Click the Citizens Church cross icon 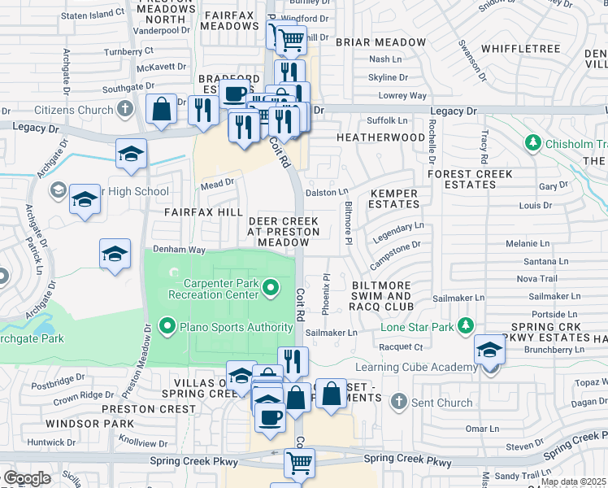124,108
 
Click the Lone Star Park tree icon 465,326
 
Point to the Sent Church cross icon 398,402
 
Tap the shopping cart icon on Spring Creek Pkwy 299,462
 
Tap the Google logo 27,477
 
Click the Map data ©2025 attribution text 572,481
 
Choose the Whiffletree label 520,49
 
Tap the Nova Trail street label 536,278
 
